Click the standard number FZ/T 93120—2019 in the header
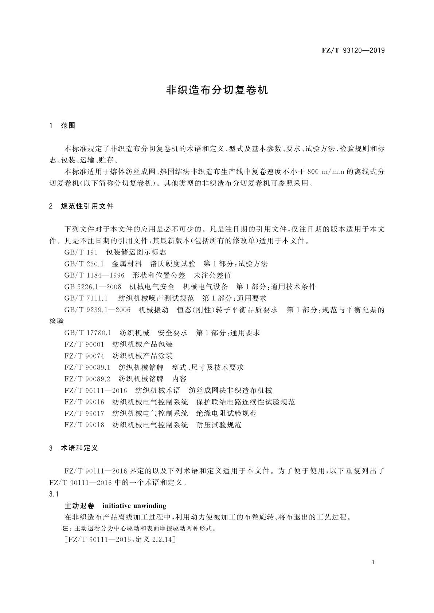coord(353,51)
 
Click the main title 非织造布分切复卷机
coord(217,90)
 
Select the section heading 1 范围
coord(62,126)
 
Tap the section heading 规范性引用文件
coord(87,206)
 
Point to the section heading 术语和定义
coord(79,448)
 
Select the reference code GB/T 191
coord(81,252)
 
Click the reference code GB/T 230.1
coord(84,264)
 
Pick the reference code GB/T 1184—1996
coord(94,275)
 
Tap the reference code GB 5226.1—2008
coord(93,287)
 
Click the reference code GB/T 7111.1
coord(86,298)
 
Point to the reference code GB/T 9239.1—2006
coord(97,310)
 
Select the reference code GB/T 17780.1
coord(87,333)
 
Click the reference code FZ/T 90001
coord(84,344)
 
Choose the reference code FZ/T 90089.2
coord(87,379)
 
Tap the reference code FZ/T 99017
coord(84,414)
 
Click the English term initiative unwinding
coord(134,506)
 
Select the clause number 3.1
coord(54,494)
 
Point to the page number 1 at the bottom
coord(374,562)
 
